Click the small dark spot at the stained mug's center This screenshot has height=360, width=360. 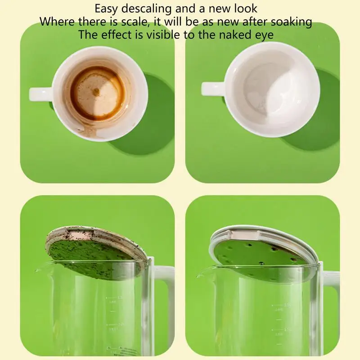click(x=96, y=91)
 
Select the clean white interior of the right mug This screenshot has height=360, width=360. click(x=270, y=90)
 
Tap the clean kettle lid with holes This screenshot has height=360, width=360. click(x=265, y=245)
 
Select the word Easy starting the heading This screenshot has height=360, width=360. click(x=106, y=9)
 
